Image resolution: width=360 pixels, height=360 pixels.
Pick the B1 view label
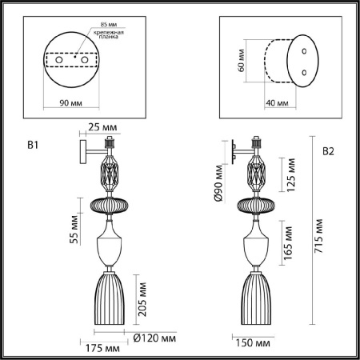click(33, 146)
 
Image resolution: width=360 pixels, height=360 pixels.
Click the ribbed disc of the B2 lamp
click(256, 205)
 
